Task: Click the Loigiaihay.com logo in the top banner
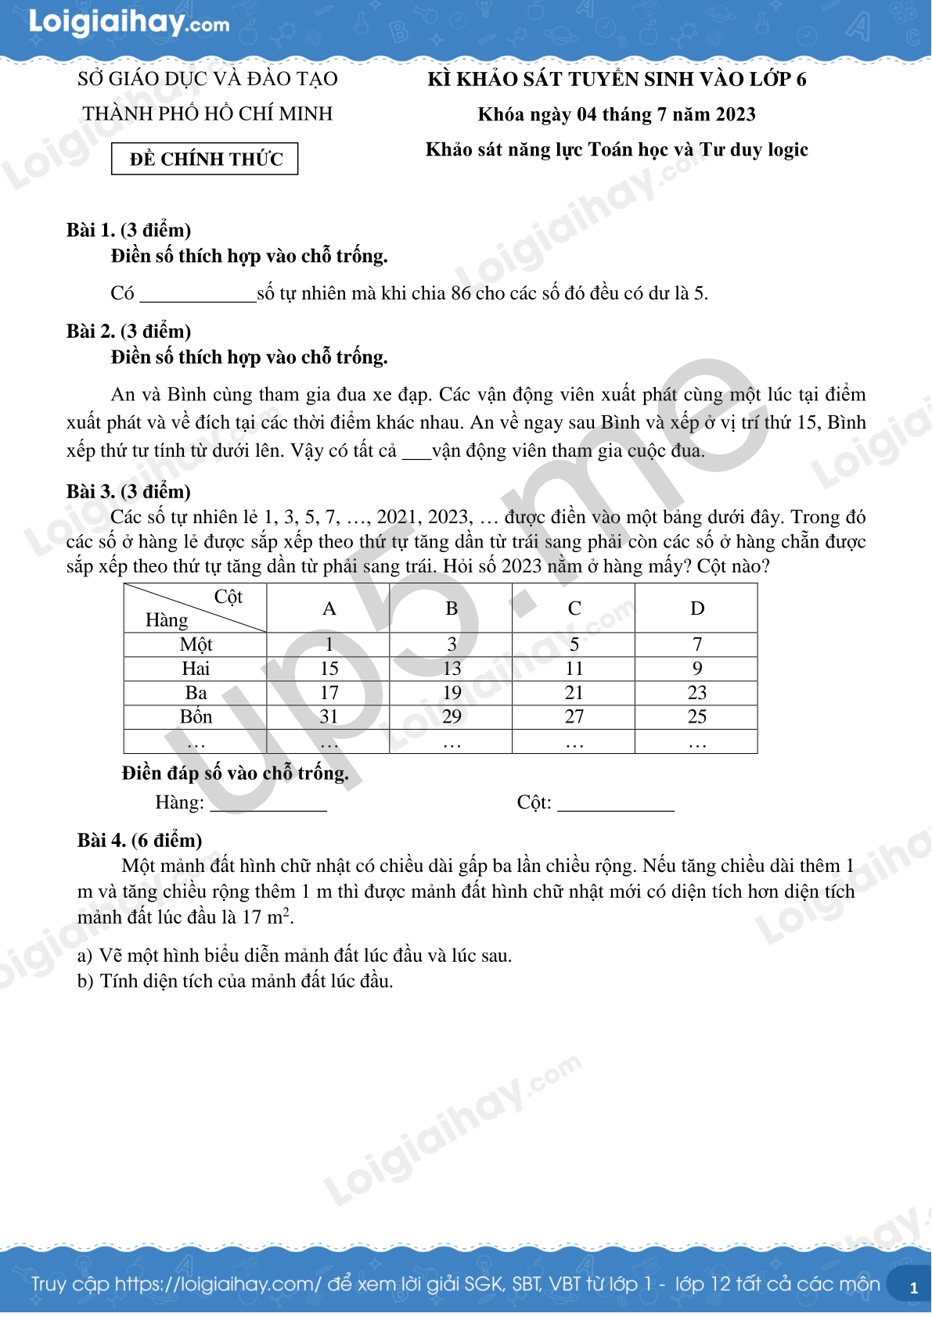(x=129, y=23)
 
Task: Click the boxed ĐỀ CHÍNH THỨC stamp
(x=205, y=159)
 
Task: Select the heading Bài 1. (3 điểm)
(x=129, y=230)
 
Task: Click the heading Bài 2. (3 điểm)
(x=129, y=331)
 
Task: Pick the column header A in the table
(x=329, y=608)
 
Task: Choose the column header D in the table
(x=696, y=608)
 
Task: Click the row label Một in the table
(x=196, y=644)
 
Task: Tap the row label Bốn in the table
(x=196, y=717)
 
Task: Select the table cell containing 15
(x=329, y=669)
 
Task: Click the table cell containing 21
(x=574, y=693)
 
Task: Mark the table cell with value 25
(x=696, y=717)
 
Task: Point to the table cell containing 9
(x=696, y=669)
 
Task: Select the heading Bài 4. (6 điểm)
(x=139, y=841)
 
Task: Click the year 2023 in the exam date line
(x=735, y=115)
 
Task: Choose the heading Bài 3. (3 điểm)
(x=129, y=492)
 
